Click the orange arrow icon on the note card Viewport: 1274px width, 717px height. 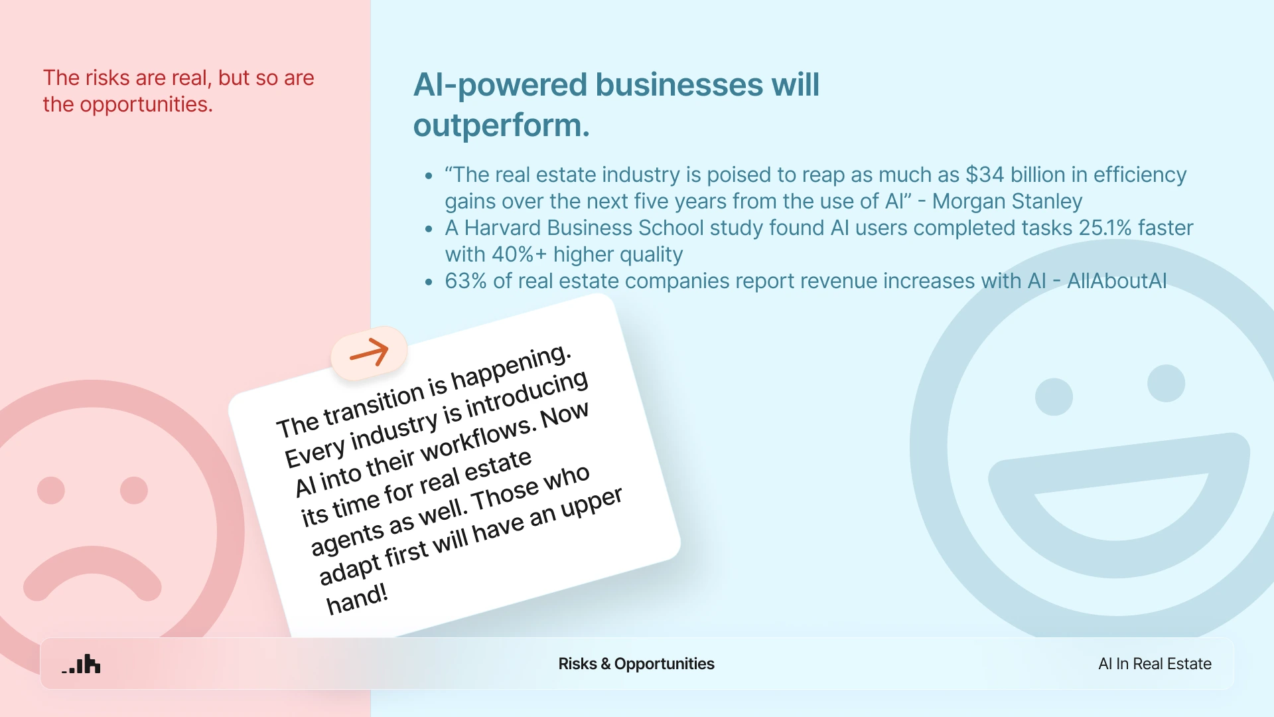(x=369, y=352)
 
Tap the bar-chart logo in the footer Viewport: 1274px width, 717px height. (x=82, y=664)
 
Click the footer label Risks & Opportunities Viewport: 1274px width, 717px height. (x=636, y=664)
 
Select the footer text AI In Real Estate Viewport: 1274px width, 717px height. (x=1155, y=664)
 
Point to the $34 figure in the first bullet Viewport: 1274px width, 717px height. (x=985, y=175)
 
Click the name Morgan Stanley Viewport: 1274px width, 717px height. (x=1007, y=201)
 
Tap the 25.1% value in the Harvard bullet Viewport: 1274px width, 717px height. (x=1105, y=228)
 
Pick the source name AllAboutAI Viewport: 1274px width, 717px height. (x=1116, y=281)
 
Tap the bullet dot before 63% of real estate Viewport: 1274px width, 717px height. (x=429, y=282)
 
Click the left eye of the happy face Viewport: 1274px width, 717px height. (x=1054, y=397)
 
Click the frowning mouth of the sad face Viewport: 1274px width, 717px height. (x=92, y=574)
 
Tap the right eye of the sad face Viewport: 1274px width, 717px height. (x=133, y=491)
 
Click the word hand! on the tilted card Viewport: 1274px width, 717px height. (x=356, y=599)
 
